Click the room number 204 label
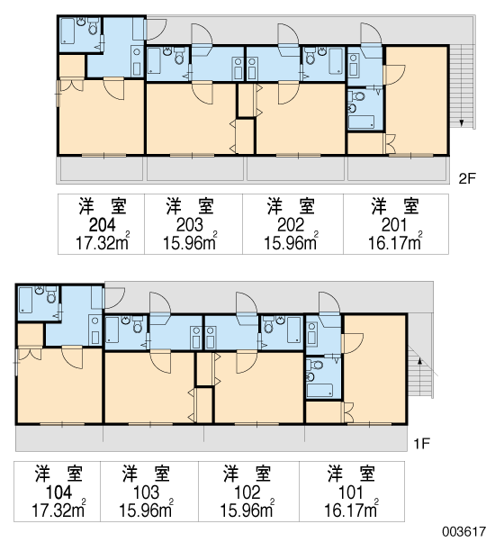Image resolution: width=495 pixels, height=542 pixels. pyautogui.click(x=103, y=225)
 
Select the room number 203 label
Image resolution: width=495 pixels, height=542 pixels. pyautogui.click(x=189, y=225)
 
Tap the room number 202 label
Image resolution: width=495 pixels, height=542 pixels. pyautogui.click(x=291, y=225)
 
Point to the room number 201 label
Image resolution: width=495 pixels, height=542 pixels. pyautogui.click(x=394, y=225)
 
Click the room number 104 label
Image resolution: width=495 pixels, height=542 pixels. pyautogui.click(x=58, y=492)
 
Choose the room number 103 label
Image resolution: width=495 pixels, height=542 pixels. pyautogui.click(x=146, y=492)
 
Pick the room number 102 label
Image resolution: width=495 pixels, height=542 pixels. pyautogui.click(x=247, y=492)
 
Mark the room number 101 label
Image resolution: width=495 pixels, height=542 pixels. pyautogui.click(x=350, y=492)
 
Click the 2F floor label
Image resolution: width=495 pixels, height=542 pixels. pyautogui.click(x=467, y=178)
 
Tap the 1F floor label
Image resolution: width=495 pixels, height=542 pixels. pyautogui.click(x=421, y=444)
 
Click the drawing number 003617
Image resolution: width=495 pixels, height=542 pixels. pyautogui.click(x=464, y=531)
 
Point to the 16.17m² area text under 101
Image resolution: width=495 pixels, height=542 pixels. pyautogui.click(x=351, y=509)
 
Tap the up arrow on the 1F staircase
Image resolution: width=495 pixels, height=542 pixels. pyautogui.click(x=420, y=362)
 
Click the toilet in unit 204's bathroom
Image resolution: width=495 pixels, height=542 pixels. pyautogui.click(x=93, y=27)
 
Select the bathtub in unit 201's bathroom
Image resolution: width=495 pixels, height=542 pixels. pyautogui.click(x=361, y=122)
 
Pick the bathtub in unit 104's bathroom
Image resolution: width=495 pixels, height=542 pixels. pyautogui.click(x=25, y=300)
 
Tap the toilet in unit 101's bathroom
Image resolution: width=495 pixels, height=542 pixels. pyautogui.click(x=316, y=365)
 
